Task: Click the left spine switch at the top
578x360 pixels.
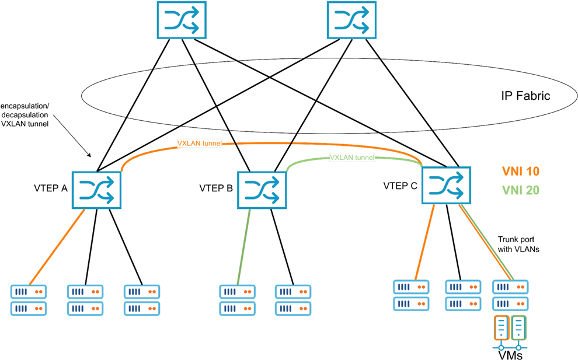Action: click(x=182, y=22)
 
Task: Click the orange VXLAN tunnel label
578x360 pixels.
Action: click(x=200, y=142)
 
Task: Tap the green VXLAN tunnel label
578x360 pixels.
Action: click(x=352, y=158)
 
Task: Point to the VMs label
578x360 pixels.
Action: click(x=509, y=354)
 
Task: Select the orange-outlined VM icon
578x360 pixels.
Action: click(x=502, y=328)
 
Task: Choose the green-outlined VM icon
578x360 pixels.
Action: click(x=518, y=328)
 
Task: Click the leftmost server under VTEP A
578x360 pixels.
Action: click(x=29, y=299)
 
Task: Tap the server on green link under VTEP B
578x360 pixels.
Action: click(x=237, y=299)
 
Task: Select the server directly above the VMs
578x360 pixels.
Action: click(x=510, y=295)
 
